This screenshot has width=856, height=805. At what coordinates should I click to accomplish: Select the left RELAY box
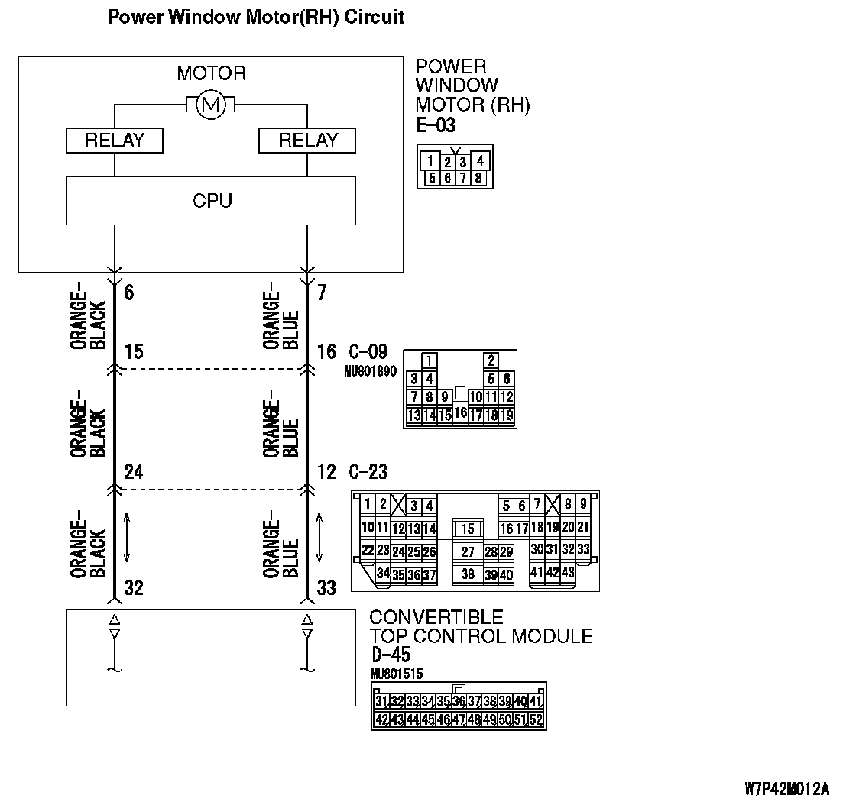[x=114, y=141]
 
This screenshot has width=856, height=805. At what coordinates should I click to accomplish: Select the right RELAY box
[x=307, y=141]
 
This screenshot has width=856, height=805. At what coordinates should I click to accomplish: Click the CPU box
[x=211, y=201]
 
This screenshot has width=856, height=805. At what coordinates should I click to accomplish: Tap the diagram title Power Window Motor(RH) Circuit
[x=255, y=17]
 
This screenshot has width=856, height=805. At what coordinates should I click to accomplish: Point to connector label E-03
[x=436, y=124]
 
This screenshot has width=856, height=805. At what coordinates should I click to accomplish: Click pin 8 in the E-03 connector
[x=478, y=178]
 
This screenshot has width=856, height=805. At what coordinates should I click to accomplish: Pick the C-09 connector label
[x=368, y=352]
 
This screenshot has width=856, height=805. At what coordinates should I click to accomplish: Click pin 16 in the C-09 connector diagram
[x=460, y=412]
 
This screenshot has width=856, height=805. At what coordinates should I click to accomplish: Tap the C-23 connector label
[x=368, y=472]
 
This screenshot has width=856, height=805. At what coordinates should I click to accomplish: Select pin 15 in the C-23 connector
[x=468, y=529]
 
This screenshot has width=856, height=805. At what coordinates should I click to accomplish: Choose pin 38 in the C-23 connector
[x=468, y=574]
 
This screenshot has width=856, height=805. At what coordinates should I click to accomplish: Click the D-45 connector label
[x=391, y=655]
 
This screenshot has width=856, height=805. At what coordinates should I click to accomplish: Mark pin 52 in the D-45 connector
[x=536, y=719]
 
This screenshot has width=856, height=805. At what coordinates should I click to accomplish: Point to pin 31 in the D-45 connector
[x=382, y=701]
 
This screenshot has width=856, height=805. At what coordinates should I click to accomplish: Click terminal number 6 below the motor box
[x=129, y=293]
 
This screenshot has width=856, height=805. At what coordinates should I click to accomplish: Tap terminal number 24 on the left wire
[x=133, y=472]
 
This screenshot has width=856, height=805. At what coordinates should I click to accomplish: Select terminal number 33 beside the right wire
[x=326, y=588]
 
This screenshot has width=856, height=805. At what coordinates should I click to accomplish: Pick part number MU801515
[x=397, y=674]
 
